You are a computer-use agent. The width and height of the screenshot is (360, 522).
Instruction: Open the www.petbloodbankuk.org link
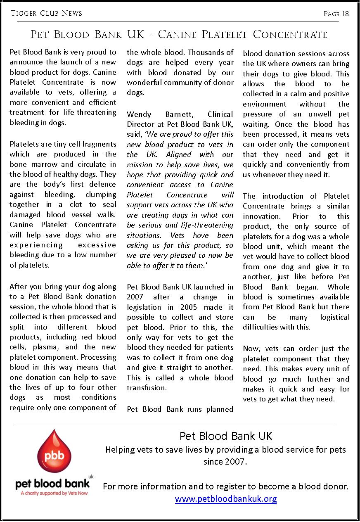pyautogui.click(x=226, y=499)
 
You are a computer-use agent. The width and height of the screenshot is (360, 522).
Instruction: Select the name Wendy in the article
pyautogui.click(x=139, y=114)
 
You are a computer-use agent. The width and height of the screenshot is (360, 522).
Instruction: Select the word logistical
pyautogui.click(x=334, y=317)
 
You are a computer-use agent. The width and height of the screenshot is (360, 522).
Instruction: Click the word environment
pyautogui.click(x=264, y=104)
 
